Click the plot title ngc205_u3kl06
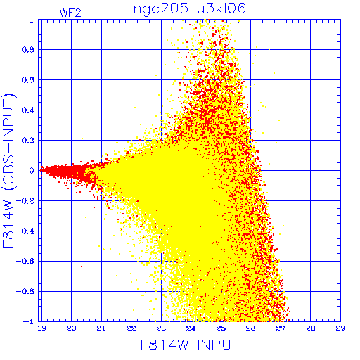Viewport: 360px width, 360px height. point(190,9)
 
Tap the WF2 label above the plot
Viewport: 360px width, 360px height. point(70,13)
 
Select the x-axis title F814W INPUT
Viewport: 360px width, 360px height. point(190,345)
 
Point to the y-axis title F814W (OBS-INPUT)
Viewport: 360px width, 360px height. point(8,170)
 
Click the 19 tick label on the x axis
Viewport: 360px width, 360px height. point(41,328)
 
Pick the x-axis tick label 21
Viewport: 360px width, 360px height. point(101,328)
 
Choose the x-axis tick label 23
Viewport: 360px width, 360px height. point(161,328)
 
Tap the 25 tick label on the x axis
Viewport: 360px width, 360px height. point(221,328)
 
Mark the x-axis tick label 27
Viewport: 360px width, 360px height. point(281,328)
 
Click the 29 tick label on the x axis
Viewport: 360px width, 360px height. point(340,328)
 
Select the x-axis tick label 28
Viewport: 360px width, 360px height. point(311,328)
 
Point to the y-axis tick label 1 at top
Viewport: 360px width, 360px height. point(32,20)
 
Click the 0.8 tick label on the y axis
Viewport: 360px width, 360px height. point(28,50)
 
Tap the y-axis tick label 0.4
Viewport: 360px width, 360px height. point(28,110)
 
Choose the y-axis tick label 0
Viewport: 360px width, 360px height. point(32,171)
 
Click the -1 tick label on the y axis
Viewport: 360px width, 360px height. point(29,321)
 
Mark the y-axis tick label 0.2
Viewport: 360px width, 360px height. point(28,141)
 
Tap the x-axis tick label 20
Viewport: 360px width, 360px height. point(71,328)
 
